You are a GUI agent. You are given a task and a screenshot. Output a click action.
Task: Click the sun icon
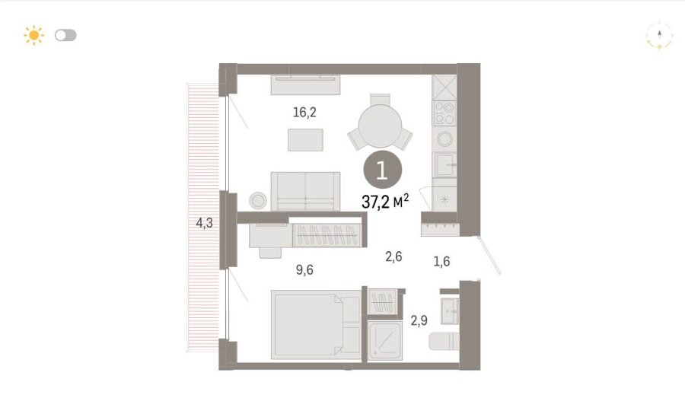(x=34, y=35)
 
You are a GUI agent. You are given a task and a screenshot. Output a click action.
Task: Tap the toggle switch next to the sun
(x=65, y=35)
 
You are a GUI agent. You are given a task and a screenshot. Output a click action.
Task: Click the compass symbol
(x=659, y=35)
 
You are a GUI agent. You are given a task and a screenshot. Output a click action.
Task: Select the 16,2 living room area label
(x=304, y=113)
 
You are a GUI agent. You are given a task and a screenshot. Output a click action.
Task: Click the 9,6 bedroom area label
(x=304, y=270)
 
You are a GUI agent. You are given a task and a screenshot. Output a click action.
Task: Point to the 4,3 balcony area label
(x=204, y=223)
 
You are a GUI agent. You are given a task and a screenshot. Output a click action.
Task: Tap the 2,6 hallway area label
(x=393, y=256)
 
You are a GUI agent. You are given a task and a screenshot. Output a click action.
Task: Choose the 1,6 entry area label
(x=441, y=261)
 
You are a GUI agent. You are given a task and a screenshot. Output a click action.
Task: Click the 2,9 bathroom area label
(x=419, y=320)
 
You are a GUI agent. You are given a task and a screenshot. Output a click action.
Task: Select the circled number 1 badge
(x=382, y=170)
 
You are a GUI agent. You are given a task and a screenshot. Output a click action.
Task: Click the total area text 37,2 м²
(x=385, y=202)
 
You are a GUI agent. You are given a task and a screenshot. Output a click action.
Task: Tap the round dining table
(x=380, y=126)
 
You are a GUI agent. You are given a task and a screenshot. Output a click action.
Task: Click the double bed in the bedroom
(x=316, y=325)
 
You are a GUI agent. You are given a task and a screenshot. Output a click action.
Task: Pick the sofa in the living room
(x=305, y=191)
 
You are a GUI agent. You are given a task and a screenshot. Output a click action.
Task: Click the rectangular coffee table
(x=305, y=140)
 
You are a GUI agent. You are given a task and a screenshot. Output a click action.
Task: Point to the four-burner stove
(x=444, y=113)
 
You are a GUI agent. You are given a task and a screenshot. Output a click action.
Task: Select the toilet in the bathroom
(x=444, y=342)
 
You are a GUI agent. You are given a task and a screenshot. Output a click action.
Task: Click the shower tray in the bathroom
(x=385, y=341)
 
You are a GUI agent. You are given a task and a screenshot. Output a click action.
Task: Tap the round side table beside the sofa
(x=258, y=200)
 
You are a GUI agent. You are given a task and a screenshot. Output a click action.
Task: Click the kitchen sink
(x=444, y=164)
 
